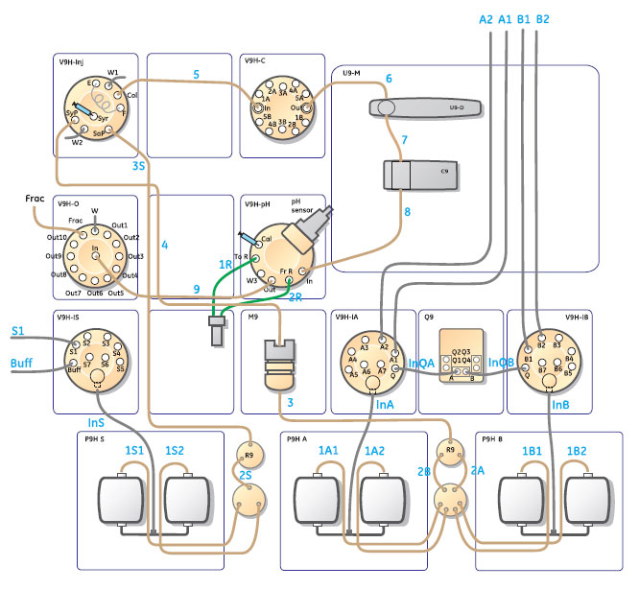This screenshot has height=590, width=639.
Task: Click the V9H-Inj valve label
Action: pyautogui.click(x=75, y=61)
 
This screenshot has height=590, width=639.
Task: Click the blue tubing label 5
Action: pyautogui.click(x=196, y=74)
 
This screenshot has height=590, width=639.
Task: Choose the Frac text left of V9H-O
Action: pyautogui.click(x=35, y=198)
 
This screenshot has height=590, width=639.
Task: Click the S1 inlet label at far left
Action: pyautogui.click(x=17, y=332)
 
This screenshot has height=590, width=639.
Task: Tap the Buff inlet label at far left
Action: pyautogui.click(x=22, y=364)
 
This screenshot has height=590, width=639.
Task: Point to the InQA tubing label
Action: pyautogui.click(x=421, y=363)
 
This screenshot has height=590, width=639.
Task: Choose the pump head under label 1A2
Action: pyautogui.click(x=386, y=501)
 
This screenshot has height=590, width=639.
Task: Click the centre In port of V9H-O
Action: pyautogui.click(x=95, y=256)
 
